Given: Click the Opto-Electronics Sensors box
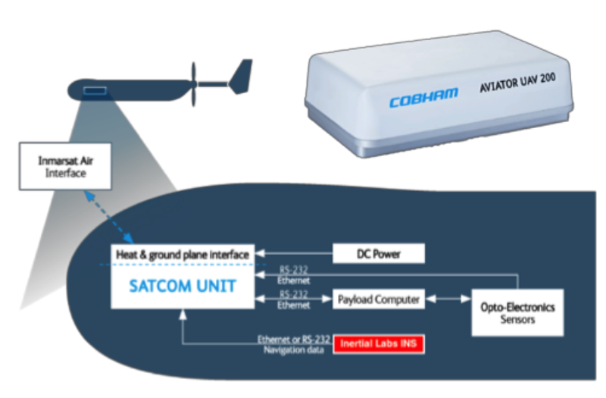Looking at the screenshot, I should click(517, 312).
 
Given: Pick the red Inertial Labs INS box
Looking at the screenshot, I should click(380, 344).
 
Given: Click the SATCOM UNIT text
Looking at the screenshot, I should click(182, 287).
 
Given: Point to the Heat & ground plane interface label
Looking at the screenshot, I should click(182, 255).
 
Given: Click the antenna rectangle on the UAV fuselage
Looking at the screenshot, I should click(95, 91).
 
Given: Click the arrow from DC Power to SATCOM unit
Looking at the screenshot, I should click(292, 254).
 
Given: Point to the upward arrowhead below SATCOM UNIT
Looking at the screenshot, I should click(182, 313).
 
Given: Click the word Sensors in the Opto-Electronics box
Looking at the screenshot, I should click(517, 319).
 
